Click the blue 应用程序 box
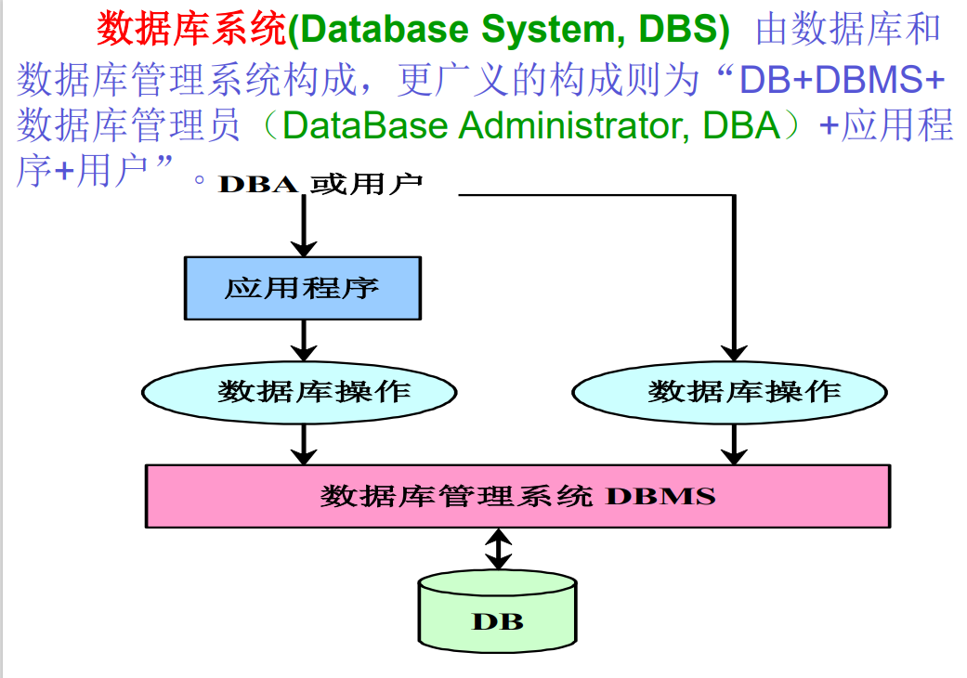303,288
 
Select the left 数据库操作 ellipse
299,392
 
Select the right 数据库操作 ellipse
729,392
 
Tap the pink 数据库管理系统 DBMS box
518,496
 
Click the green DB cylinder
497,611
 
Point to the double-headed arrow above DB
498,549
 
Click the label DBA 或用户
320,184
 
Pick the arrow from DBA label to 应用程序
304,226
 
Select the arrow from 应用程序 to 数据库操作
304,340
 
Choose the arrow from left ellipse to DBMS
304,444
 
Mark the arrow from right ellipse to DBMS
734,444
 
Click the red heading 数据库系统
191,29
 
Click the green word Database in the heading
385,29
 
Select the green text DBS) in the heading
684,29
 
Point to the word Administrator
573,125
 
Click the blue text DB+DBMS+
842,79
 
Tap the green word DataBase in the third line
365,125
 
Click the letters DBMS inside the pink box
660,496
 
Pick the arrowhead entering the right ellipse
734,353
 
